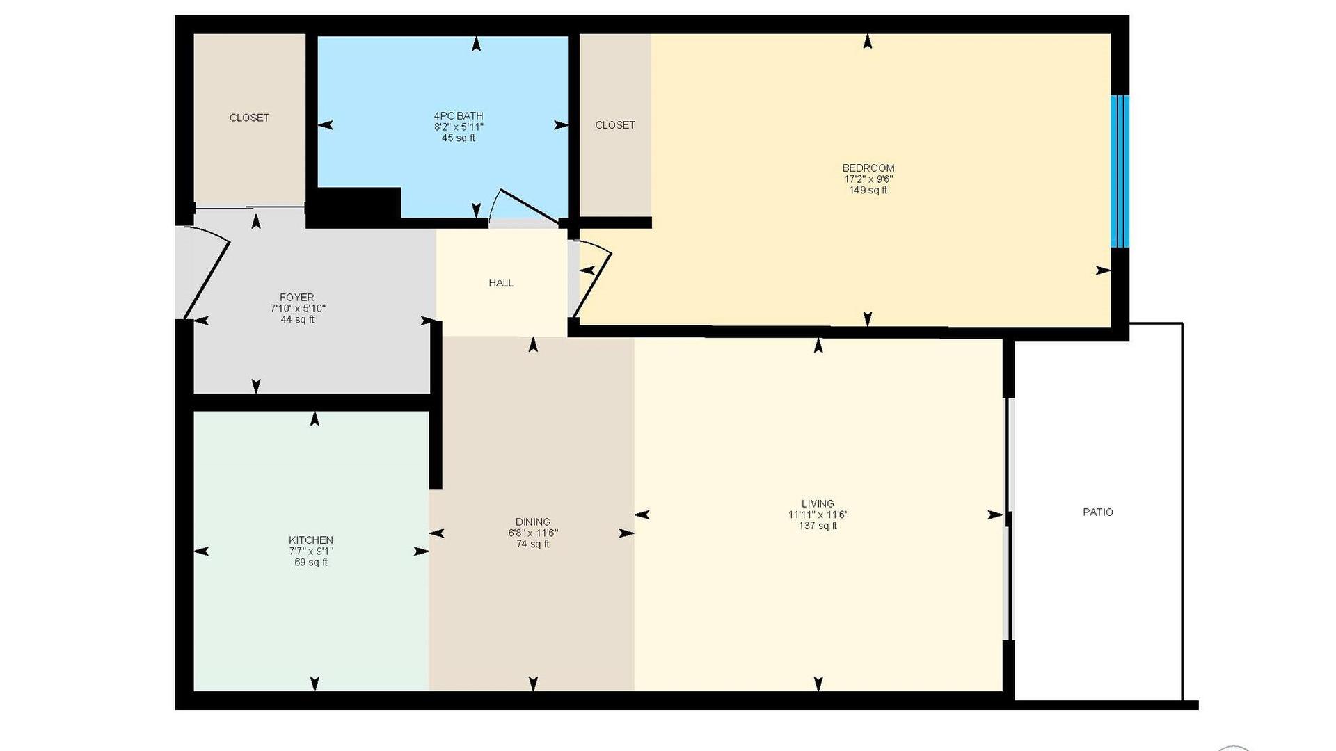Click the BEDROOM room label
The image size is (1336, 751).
[x=868, y=168]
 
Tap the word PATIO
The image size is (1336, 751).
[x=1098, y=512]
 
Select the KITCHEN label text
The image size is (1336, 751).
[x=311, y=540]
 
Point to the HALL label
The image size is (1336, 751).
[x=501, y=283]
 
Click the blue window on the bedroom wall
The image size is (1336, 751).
[x=1120, y=171]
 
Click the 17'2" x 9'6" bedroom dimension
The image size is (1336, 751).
[x=868, y=179]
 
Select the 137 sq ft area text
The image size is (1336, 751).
[x=818, y=526]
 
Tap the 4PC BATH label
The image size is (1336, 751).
[x=459, y=116]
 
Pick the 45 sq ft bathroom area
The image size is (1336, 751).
[x=459, y=138]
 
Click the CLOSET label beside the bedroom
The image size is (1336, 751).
[x=615, y=125]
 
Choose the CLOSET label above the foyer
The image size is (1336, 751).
[x=249, y=118]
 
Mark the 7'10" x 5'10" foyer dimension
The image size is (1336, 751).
[x=298, y=309]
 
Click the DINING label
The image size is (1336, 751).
[x=533, y=522]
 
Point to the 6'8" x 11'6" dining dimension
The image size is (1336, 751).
[x=533, y=533]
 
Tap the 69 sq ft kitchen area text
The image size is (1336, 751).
[x=311, y=563]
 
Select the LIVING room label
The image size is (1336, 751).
[x=818, y=504]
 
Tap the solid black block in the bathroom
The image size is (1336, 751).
[x=354, y=207]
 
